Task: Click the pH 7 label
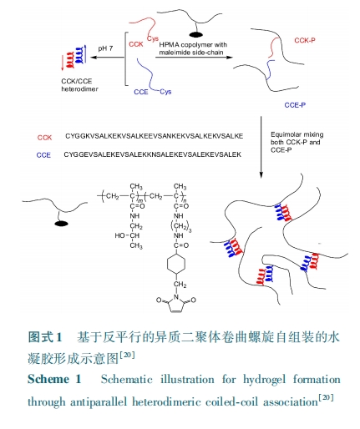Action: (105, 48)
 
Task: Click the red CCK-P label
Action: (305, 40)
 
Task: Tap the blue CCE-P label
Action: (295, 105)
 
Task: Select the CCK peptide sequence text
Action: (155, 136)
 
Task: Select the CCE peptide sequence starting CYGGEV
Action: (153, 154)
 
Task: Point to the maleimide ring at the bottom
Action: (176, 304)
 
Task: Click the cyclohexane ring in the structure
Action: (176, 264)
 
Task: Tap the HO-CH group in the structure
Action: (127, 235)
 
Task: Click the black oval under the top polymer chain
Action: (196, 35)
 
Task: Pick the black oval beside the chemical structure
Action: (61, 224)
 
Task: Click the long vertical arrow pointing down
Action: (261, 147)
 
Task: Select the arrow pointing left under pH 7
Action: (107, 58)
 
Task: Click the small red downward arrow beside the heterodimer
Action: (63, 63)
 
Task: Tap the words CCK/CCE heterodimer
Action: (79, 85)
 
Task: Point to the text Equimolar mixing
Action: (297, 134)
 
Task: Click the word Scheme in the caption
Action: (48, 379)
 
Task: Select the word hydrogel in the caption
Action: (264, 380)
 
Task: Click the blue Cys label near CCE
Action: (165, 92)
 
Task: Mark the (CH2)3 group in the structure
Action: (180, 225)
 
